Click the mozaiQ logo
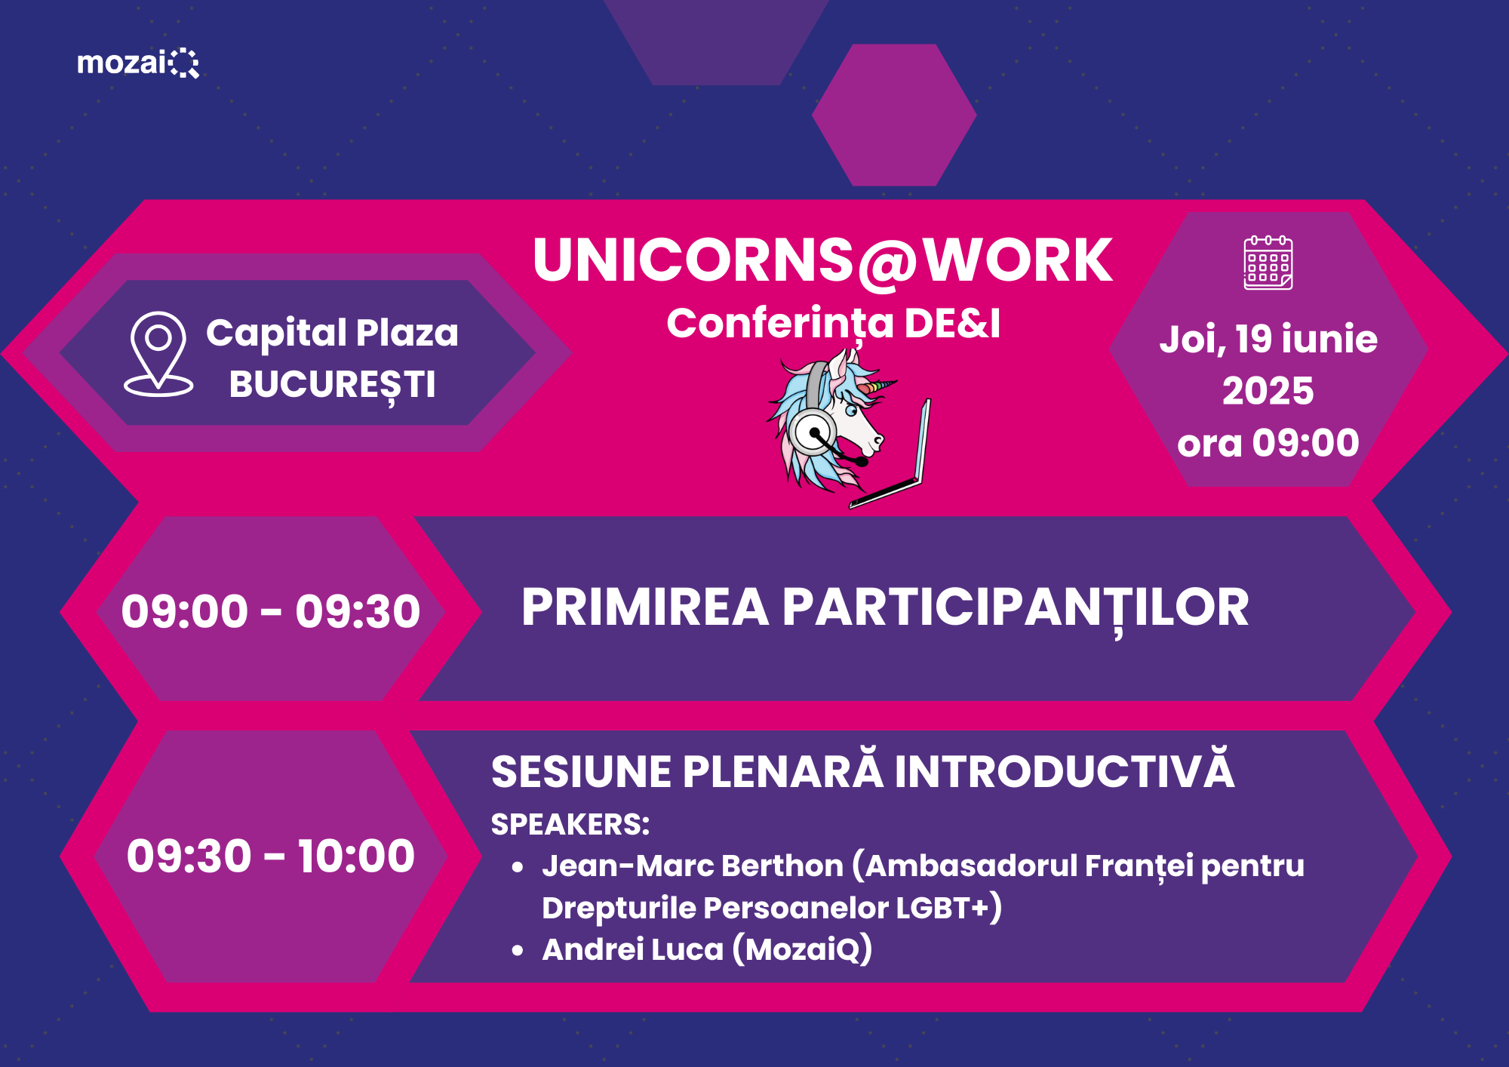pos(138,63)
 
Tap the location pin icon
pos(158,354)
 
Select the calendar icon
pos(1268,262)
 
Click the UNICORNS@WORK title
pos(822,260)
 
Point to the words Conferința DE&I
pos(834,324)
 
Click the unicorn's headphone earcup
pos(813,432)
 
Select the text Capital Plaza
pos(332,334)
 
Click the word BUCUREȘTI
pos(332,386)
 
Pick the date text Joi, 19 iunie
pos(1268,339)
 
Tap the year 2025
pos(1268,391)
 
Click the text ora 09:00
pos(1268,443)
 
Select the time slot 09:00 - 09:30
pos(271,610)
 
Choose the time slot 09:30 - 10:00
pos(271,856)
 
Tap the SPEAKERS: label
pos(570,825)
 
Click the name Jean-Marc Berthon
pos(693,866)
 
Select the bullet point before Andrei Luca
pos(518,950)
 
